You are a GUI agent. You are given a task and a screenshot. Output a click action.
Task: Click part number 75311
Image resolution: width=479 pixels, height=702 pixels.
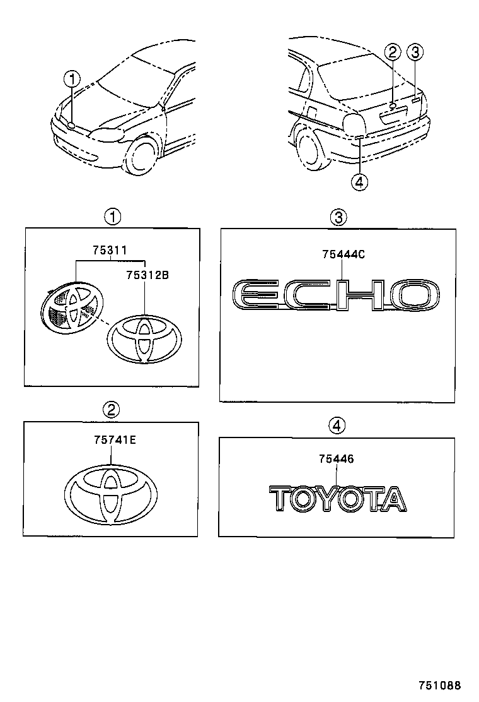110,251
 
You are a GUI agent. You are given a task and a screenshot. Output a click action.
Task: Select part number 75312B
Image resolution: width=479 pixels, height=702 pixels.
147,275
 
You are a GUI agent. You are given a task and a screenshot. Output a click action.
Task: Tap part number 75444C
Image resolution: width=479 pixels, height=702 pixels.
343,254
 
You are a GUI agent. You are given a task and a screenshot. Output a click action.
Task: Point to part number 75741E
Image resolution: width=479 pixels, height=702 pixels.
112,441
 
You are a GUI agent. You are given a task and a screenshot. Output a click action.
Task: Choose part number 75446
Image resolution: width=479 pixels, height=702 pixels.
336,459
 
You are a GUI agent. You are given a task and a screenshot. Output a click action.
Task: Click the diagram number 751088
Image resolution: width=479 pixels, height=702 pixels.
441,685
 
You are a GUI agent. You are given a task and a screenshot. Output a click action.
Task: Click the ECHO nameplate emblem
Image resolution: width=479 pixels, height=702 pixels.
335,295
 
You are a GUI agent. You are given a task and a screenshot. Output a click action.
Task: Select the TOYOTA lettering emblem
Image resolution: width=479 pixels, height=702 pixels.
337,498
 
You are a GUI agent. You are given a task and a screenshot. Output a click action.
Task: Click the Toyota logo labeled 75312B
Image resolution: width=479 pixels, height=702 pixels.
144,339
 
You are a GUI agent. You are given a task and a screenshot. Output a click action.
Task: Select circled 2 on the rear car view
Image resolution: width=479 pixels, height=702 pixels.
393,52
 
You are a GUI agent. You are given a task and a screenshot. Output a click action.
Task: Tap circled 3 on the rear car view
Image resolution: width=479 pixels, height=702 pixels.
414,52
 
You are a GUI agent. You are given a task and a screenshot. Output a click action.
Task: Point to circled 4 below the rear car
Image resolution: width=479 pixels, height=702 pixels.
359,182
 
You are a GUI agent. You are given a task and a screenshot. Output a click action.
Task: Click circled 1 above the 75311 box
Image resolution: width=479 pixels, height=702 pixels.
112,217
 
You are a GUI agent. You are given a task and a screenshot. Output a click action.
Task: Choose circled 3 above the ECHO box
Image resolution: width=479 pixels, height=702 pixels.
338,218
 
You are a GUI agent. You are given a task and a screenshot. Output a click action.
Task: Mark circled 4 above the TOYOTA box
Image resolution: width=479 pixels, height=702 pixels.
337,426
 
